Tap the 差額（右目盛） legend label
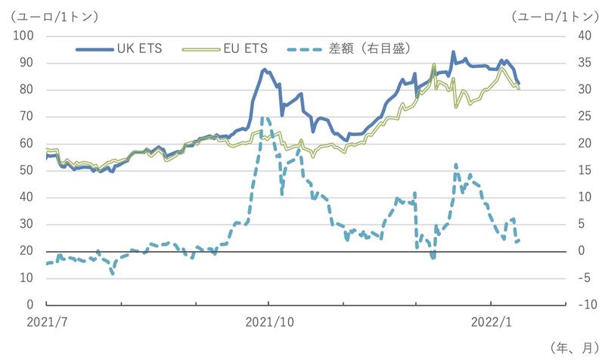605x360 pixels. (370, 49)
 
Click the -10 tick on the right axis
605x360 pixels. (583, 305)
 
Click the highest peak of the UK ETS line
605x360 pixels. (453, 52)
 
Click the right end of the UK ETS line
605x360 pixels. (519, 83)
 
